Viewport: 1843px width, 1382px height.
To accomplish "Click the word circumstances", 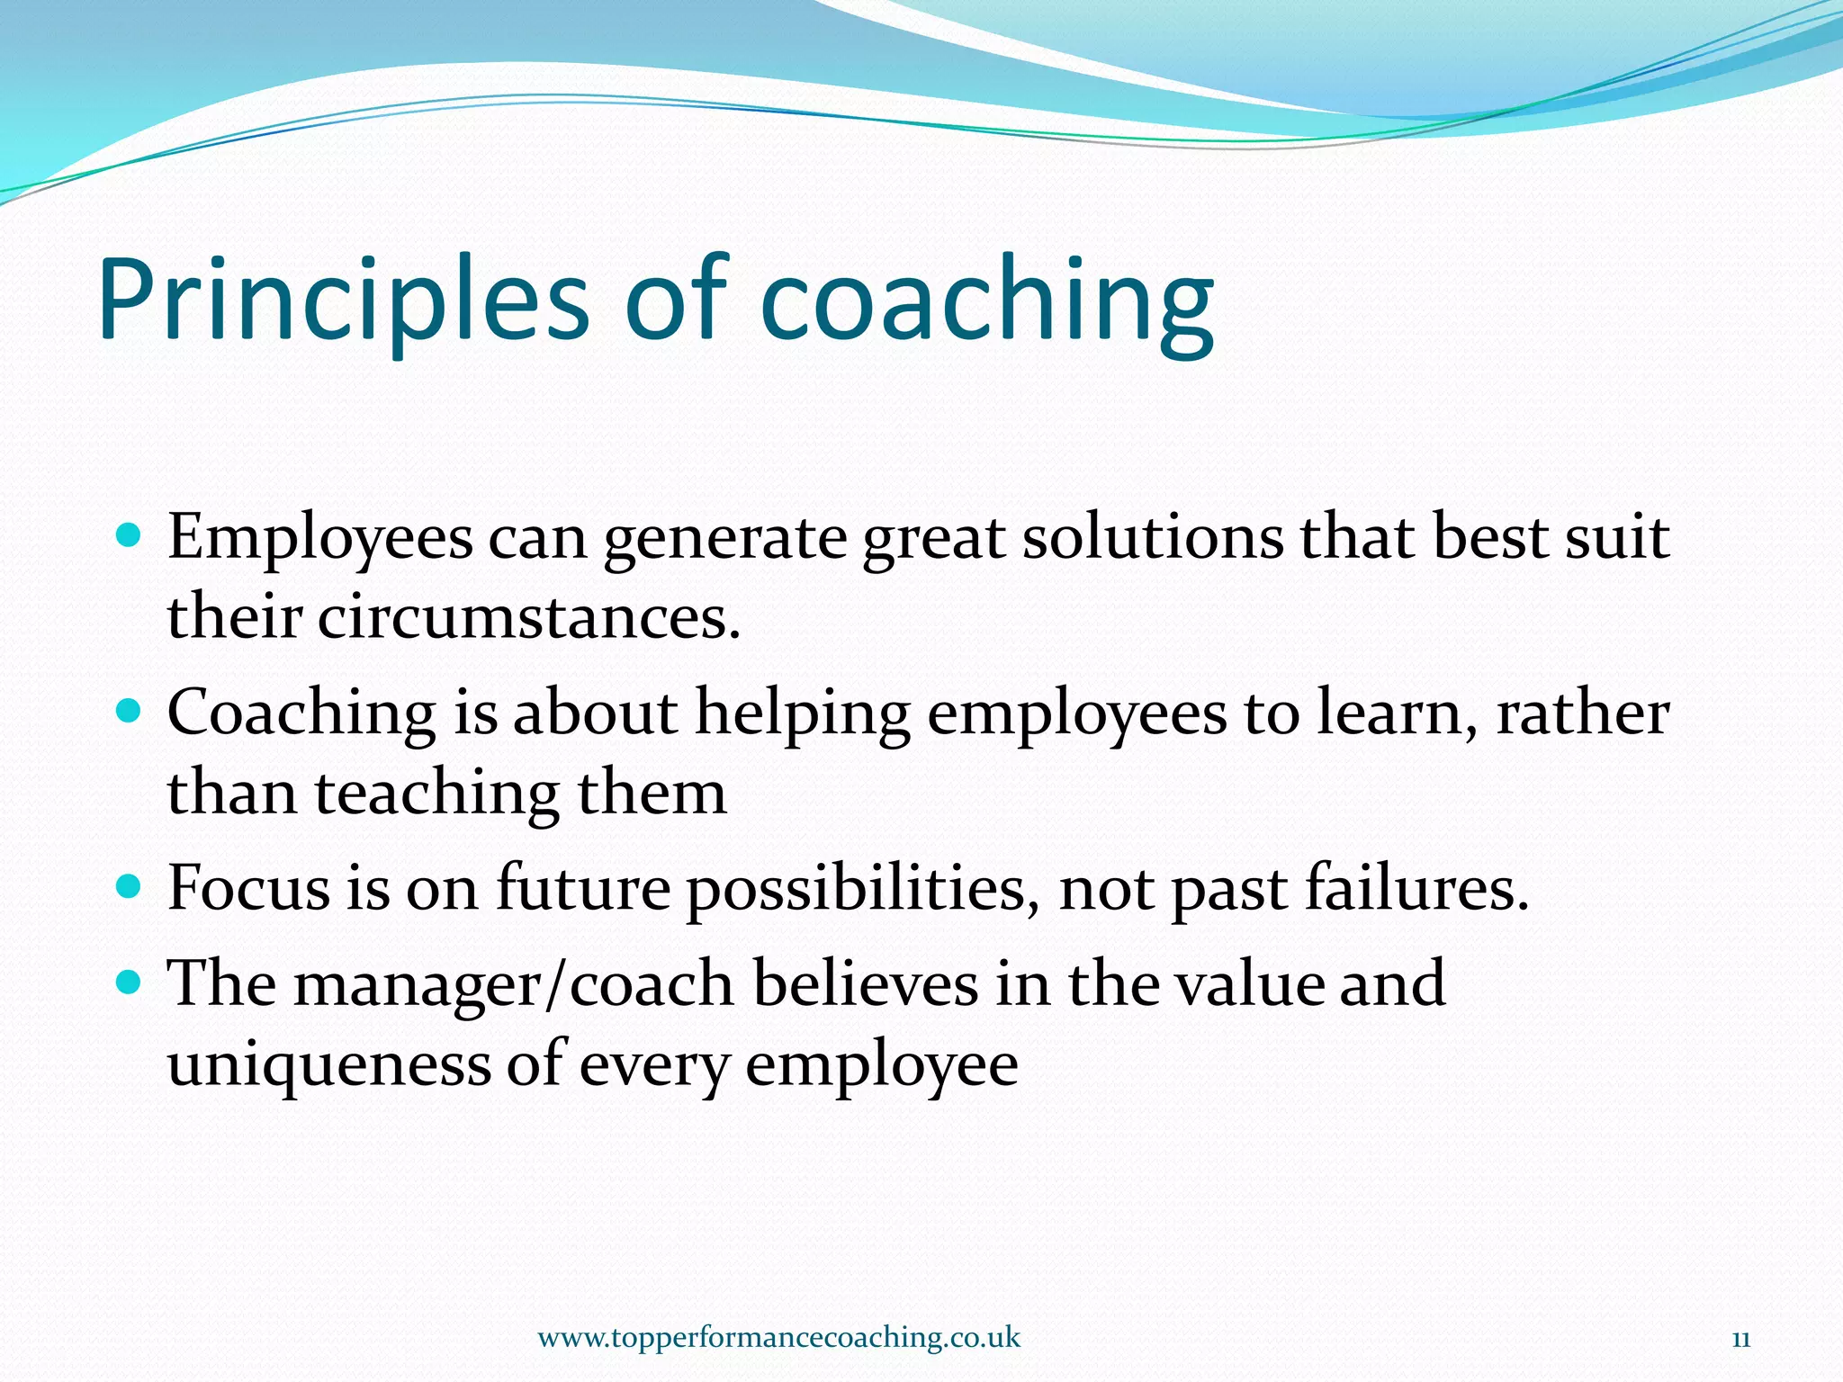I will pyautogui.click(x=529, y=618).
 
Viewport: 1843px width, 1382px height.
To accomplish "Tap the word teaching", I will pyautogui.click(x=436, y=794).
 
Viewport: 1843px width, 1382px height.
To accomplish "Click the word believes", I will pyautogui.click(x=865, y=983).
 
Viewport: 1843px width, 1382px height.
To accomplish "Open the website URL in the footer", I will pyautogui.click(x=778, y=1337).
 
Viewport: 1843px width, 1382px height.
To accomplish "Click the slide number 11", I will pyautogui.click(x=1740, y=1339).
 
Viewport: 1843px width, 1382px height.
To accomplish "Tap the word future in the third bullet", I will pyautogui.click(x=583, y=889).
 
